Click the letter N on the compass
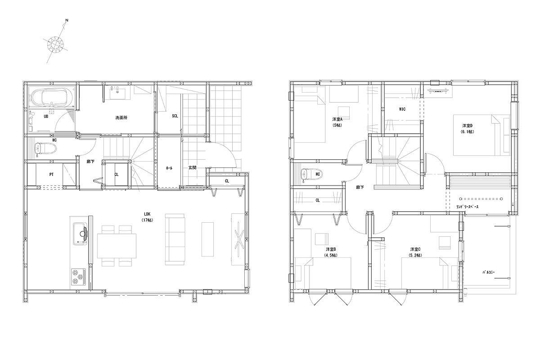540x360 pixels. [x=67, y=21]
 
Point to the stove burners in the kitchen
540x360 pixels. [x=79, y=276]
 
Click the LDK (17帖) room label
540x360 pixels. [x=147, y=217]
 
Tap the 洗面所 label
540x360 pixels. [x=121, y=117]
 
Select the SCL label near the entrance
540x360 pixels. [x=175, y=116]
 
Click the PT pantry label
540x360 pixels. [x=51, y=174]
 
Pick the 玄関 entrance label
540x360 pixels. [x=192, y=167]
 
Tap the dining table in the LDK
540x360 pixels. [x=117, y=245]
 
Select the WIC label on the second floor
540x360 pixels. [x=402, y=109]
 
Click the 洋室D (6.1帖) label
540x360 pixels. [x=467, y=129]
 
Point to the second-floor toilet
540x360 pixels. [x=308, y=174]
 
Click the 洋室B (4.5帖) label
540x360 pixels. [x=331, y=252]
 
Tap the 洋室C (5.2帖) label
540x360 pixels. [x=415, y=252]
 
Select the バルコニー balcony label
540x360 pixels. [x=489, y=272]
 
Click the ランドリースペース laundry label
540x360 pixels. [x=468, y=207]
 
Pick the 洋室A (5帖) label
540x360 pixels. [x=337, y=122]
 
